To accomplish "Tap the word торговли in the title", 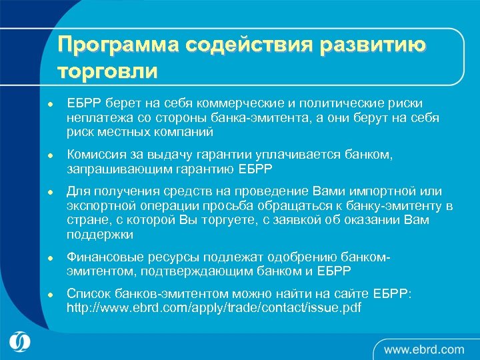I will (x=108, y=71).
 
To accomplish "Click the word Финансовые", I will (x=101, y=257).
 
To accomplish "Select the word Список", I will (x=87, y=294).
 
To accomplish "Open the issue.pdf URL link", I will (x=214, y=308).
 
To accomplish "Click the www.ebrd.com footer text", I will (x=423, y=349).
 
